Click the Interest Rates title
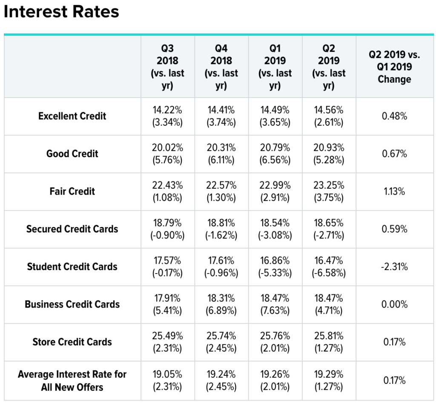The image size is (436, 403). pyautogui.click(x=61, y=12)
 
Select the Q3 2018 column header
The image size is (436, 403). pyautogui.click(x=167, y=67)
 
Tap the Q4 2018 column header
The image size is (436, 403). pyautogui.click(x=221, y=67)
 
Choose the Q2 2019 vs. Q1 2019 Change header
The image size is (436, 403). pyautogui.click(x=394, y=67)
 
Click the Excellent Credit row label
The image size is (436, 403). pyautogui.click(x=72, y=116)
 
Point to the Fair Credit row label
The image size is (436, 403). pyautogui.click(x=72, y=191)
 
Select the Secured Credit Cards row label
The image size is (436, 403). pyautogui.click(x=72, y=229)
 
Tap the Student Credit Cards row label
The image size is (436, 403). pyautogui.click(x=72, y=267)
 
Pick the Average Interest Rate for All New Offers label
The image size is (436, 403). pyautogui.click(x=72, y=381)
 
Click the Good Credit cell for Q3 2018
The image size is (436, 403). pyautogui.click(x=167, y=154)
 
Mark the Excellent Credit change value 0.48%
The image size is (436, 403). pyautogui.click(x=394, y=116)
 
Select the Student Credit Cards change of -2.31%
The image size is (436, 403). pyautogui.click(x=394, y=267)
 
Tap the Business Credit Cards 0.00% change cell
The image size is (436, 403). pyautogui.click(x=394, y=305)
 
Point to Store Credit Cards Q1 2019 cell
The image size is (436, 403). pyautogui.click(x=275, y=342)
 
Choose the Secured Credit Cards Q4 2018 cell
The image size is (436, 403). pyautogui.click(x=221, y=229)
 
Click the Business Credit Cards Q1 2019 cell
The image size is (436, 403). pyautogui.click(x=275, y=305)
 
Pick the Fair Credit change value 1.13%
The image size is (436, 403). pyautogui.click(x=394, y=191)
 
